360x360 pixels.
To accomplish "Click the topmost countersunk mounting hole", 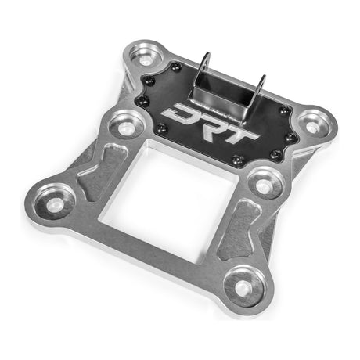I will [145, 56].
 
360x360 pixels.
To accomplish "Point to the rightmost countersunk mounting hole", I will [315, 121].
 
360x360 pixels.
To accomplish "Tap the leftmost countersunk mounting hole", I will [55, 202].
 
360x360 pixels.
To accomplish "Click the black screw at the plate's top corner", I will [177, 68].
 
